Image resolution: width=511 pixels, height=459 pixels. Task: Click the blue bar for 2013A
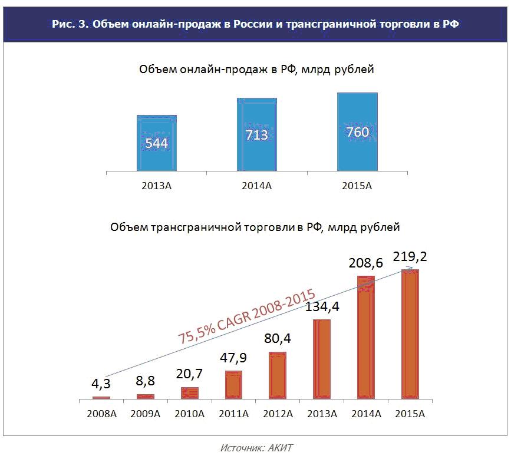coord(157,143)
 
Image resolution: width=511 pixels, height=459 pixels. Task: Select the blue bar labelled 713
coord(257,134)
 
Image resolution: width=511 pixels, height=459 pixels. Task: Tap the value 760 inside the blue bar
coord(358,132)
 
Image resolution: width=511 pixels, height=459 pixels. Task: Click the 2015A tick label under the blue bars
coord(357,186)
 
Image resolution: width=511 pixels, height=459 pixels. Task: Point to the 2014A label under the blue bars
coord(257,186)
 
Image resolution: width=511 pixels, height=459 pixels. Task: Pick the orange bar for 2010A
coord(190,394)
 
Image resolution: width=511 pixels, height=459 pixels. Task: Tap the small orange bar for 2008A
coord(101,398)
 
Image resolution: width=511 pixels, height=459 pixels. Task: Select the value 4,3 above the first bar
coord(101,384)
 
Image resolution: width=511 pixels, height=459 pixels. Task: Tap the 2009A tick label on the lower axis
coord(145,414)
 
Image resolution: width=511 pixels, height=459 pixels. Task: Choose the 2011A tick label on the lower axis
coord(233,414)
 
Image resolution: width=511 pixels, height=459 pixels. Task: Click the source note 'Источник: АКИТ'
coord(256,448)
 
